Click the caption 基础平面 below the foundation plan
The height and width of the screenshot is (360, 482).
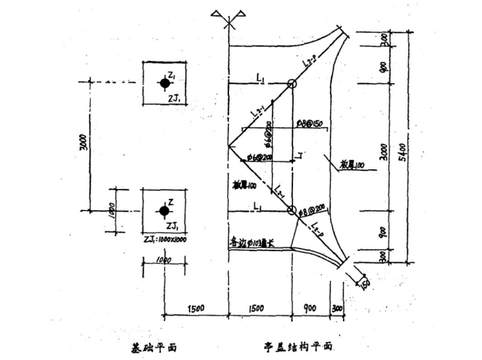point(154,347)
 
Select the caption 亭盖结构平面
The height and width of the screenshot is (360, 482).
point(299,347)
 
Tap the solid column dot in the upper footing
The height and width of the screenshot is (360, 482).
point(164,83)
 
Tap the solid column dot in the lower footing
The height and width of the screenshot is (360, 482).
point(164,210)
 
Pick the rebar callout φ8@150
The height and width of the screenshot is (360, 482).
point(310,123)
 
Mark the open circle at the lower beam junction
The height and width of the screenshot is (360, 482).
point(291,210)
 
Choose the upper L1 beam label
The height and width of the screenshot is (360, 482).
point(261,77)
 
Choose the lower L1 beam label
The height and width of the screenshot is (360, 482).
point(258,204)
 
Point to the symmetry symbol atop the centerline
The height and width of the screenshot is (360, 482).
point(228,17)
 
